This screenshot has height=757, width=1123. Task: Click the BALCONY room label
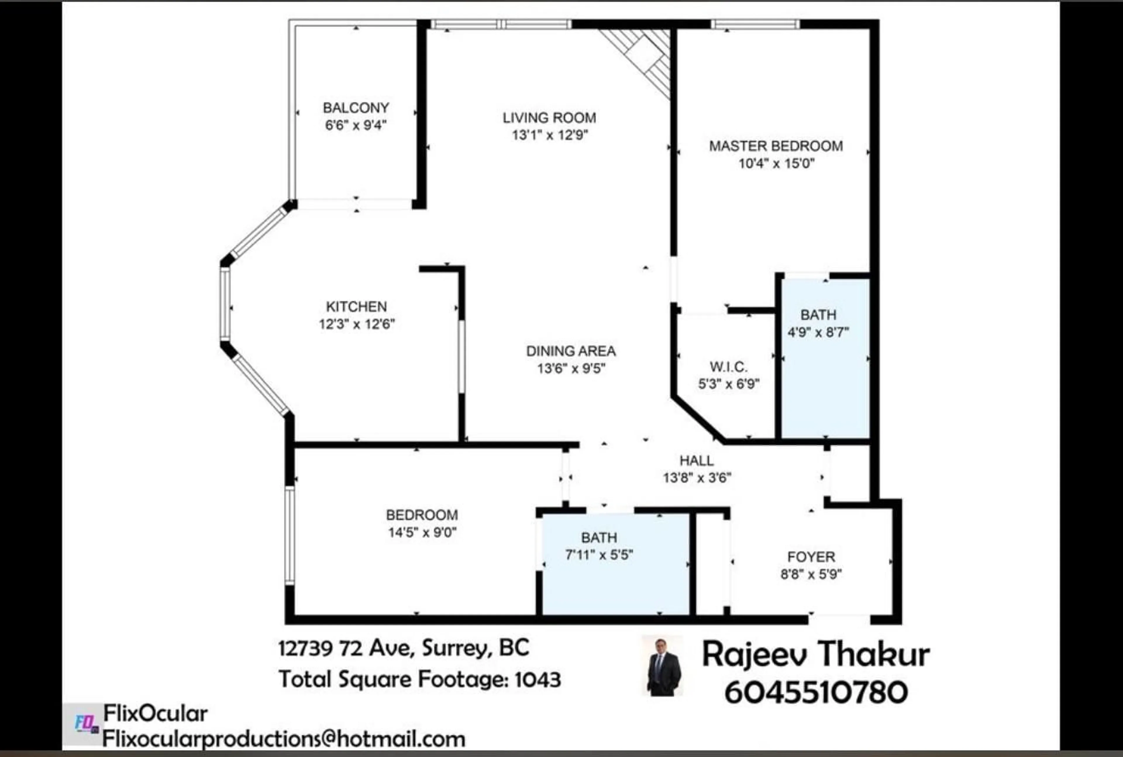pos(356,108)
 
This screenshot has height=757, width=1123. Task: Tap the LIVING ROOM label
pos(550,118)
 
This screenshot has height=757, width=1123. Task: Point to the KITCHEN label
pos(356,306)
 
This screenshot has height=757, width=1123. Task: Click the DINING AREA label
pos(571,351)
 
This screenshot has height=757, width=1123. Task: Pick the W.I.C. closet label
pos(728,367)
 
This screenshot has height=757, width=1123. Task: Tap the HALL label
pos(696,461)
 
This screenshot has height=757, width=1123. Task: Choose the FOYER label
pos(811,557)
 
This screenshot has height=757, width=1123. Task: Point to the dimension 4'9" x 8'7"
pos(818,332)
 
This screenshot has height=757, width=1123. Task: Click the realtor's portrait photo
pos(663,667)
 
